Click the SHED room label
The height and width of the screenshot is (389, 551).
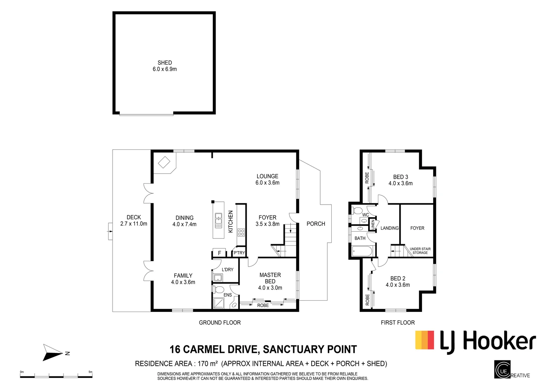(x=164, y=66)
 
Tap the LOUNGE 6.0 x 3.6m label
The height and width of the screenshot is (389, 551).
(x=267, y=179)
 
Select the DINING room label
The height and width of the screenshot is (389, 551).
(x=184, y=221)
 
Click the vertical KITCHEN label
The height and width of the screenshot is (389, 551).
(x=231, y=222)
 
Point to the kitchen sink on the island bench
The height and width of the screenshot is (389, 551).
(x=219, y=221)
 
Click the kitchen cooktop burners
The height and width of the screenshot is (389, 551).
(x=241, y=232)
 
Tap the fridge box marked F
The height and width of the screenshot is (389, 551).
(x=219, y=253)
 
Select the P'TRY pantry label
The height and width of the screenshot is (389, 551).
(x=239, y=253)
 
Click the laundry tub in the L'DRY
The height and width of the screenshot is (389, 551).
(x=218, y=278)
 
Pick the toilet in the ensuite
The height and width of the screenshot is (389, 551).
(x=219, y=290)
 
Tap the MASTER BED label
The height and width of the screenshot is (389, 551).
(x=270, y=281)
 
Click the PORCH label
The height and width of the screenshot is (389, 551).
(x=316, y=224)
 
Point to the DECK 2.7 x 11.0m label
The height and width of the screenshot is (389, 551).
(x=133, y=220)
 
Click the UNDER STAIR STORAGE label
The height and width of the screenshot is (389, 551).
(x=420, y=251)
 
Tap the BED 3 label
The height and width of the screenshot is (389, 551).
(x=400, y=180)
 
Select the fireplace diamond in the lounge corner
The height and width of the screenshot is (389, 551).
(x=164, y=162)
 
